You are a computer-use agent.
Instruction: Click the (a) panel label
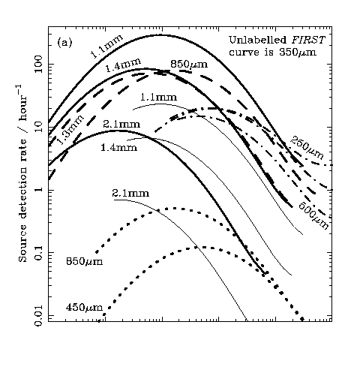(x=64, y=43)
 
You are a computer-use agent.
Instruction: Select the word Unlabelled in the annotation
(x=258, y=40)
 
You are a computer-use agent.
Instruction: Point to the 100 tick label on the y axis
(x=39, y=65)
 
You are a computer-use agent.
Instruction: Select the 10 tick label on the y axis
(x=39, y=127)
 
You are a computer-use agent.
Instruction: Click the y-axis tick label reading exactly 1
(x=39, y=190)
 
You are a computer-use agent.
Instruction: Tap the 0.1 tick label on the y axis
(x=39, y=253)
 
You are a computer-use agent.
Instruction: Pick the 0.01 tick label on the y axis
(x=39, y=315)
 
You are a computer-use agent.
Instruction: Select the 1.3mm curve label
(x=70, y=130)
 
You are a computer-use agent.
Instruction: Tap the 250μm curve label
(x=307, y=149)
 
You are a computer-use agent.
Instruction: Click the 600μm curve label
(x=313, y=215)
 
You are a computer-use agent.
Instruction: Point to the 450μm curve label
(x=84, y=308)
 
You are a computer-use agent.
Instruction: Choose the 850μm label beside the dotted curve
(x=84, y=262)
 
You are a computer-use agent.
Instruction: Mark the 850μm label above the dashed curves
(x=189, y=65)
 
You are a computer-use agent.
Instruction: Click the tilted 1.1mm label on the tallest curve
(x=106, y=46)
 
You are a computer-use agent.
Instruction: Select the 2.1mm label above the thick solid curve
(x=121, y=125)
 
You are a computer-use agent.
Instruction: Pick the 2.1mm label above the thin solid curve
(x=130, y=194)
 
